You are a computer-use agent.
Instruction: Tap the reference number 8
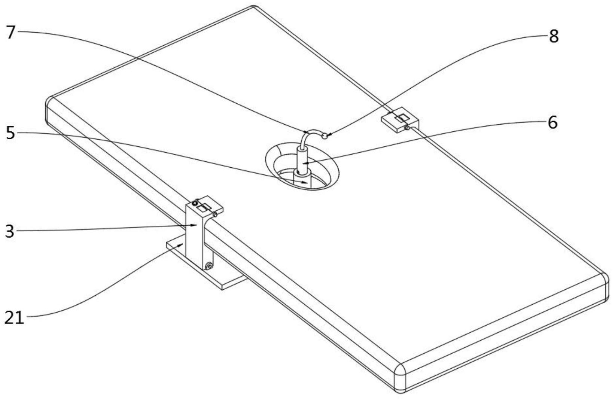[x=554, y=37]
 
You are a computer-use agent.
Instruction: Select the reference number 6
[x=552, y=122]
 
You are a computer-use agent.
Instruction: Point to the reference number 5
[x=10, y=133]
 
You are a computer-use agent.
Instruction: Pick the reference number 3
[x=10, y=231]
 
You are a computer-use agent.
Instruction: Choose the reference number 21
[x=14, y=318]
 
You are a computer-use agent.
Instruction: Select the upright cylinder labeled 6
[x=302, y=159]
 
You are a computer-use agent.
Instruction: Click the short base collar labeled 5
[x=302, y=176]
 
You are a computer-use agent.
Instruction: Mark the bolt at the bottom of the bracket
[x=209, y=266]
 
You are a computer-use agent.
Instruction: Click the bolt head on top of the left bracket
[x=195, y=203]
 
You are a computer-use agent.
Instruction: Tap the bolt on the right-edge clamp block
[x=407, y=128]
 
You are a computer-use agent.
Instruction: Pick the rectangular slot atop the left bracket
[x=204, y=207]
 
